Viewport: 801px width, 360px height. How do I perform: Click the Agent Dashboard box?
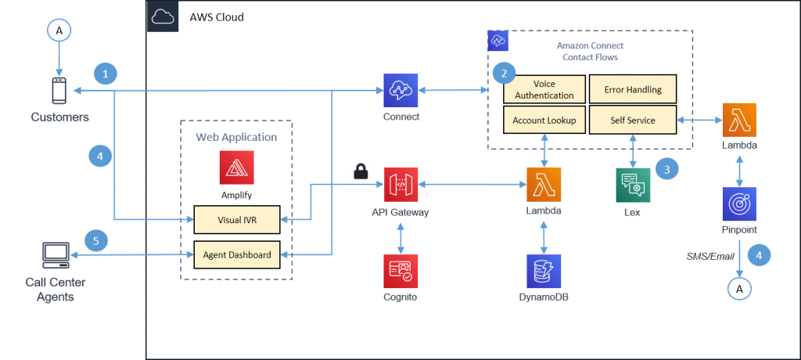[236, 254]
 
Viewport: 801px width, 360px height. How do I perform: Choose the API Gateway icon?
[400, 185]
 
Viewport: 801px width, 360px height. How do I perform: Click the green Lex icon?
[632, 185]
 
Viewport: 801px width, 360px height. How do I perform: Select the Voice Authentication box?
[544, 89]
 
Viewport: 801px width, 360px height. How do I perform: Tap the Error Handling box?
[633, 89]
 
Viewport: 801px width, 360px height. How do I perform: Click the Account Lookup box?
[544, 121]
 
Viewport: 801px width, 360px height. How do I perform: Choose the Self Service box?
[633, 121]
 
